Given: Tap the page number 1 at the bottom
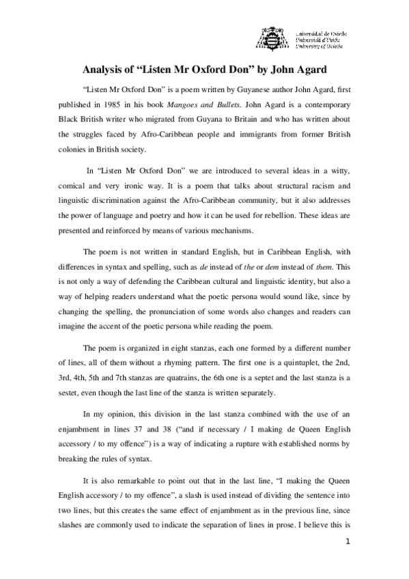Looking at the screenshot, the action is coord(348,562).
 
